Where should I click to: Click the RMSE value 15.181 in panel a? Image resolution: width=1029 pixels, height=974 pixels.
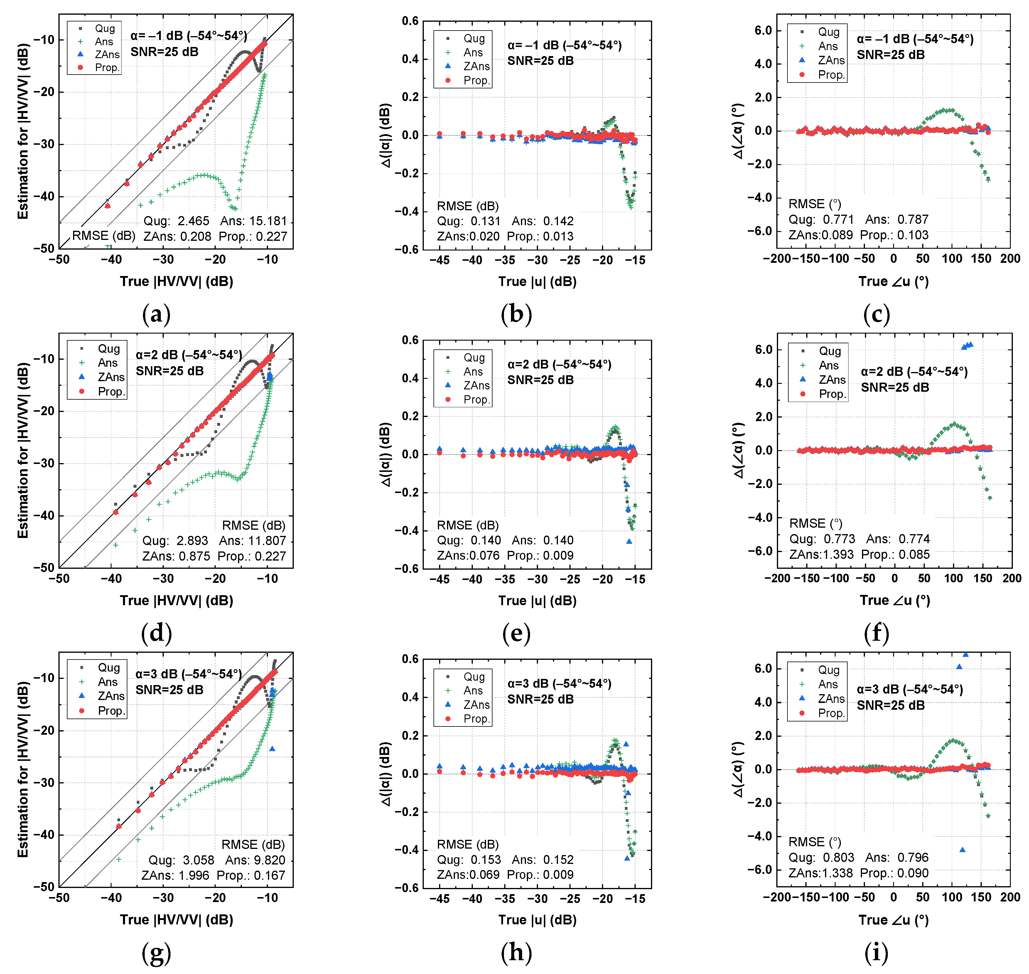(267, 221)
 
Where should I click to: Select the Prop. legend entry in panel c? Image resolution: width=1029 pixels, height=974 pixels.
(831, 75)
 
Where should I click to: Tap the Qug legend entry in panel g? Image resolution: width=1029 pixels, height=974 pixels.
(109, 668)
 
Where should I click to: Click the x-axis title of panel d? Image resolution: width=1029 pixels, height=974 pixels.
(176, 601)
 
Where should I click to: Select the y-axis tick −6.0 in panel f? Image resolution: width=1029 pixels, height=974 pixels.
(761, 551)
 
